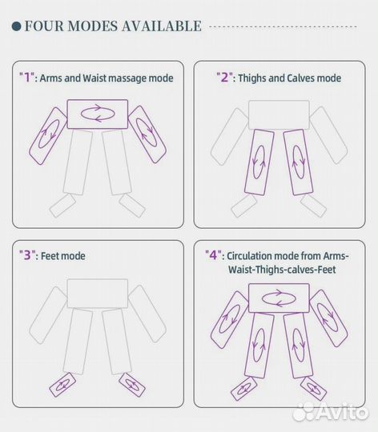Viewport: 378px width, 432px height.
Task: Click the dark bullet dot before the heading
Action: pos(17,26)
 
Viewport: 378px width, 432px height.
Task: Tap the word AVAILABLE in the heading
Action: pos(162,26)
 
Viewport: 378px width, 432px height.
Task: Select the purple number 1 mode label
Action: pos(26,77)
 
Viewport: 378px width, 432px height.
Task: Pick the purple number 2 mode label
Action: pos(224,77)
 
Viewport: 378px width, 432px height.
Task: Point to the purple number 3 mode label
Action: pos(26,255)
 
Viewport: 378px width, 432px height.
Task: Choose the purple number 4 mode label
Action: pos(213,255)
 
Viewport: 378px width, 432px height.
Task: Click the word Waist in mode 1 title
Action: pos(94,78)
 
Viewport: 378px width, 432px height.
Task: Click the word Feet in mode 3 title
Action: pos(51,256)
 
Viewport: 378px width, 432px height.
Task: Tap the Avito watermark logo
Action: pos(330,412)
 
